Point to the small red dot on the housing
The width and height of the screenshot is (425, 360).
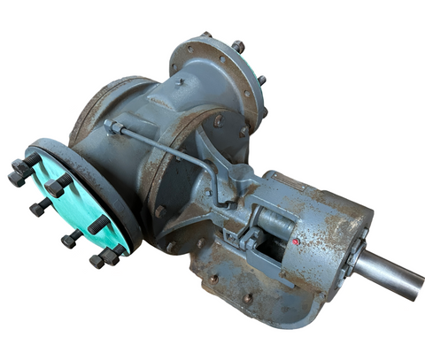point(294,241)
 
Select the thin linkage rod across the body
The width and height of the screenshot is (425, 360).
point(159,146)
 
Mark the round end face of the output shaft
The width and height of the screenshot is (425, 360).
point(414,285)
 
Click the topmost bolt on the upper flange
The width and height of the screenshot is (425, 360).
point(237,45)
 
